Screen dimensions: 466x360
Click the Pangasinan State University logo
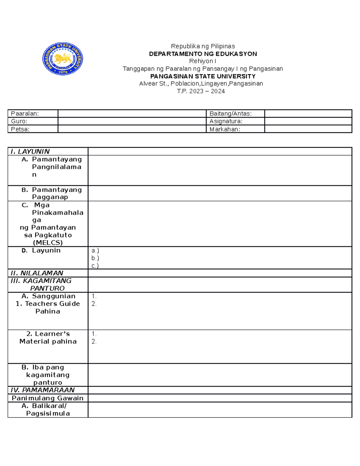click(x=62, y=59)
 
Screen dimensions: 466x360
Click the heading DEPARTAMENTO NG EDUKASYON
click(x=203, y=54)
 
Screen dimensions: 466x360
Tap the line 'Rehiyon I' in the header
click(x=203, y=61)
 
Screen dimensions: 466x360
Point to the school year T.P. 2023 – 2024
click(x=201, y=91)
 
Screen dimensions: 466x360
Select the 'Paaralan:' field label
click(x=25, y=114)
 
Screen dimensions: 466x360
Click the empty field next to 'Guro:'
click(x=132, y=121)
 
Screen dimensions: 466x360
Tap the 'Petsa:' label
click(x=20, y=129)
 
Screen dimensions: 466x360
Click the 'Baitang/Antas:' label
click(x=230, y=114)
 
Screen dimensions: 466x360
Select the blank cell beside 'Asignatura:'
click(x=308, y=121)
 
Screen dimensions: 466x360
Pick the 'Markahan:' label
click(x=225, y=129)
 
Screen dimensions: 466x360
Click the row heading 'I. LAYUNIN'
click(x=30, y=152)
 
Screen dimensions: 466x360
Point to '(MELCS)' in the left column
click(x=48, y=242)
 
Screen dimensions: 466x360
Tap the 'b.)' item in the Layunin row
click(x=95, y=258)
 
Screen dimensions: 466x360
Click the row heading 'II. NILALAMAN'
click(x=37, y=273)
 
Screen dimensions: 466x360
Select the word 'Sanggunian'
click(x=54, y=296)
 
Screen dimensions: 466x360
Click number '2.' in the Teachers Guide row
click(x=94, y=304)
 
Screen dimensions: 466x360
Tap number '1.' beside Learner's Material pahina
click(x=94, y=334)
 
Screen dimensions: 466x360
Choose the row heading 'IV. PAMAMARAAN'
click(x=42, y=390)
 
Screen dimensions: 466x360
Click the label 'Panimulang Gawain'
click(x=47, y=398)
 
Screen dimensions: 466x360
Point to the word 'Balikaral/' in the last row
click(x=49, y=406)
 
